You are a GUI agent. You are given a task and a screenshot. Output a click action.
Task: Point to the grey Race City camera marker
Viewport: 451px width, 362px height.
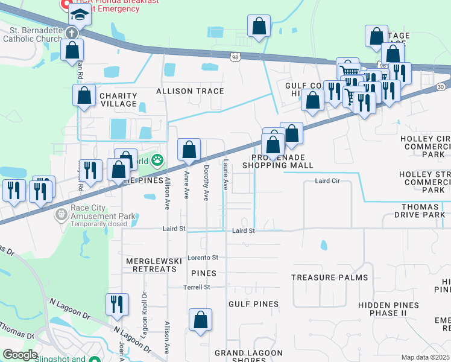point(61,214)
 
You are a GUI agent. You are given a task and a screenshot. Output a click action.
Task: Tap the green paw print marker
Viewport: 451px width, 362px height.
point(157,160)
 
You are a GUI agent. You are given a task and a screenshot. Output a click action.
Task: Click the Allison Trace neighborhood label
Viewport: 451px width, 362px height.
point(189,91)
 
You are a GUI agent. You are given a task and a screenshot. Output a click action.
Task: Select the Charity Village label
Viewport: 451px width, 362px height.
point(118,100)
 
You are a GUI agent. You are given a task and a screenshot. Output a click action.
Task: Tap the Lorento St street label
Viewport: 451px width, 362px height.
point(202,258)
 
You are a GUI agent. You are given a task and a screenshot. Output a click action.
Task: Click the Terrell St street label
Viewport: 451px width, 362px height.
point(197,287)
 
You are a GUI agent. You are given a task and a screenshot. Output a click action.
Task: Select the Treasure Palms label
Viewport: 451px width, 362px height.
point(329,278)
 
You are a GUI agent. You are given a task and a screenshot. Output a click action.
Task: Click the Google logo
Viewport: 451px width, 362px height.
point(20,355)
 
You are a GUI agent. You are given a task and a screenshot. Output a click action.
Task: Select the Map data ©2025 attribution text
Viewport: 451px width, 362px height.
point(426,357)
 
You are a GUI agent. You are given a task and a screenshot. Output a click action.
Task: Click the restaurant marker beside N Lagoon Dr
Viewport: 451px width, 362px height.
point(117,304)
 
